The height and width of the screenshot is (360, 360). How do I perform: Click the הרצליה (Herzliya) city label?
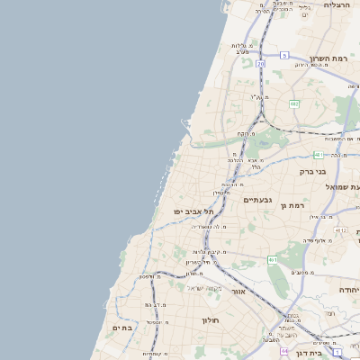point(337,5)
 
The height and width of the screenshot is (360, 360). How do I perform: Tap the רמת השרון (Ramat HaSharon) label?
point(328,58)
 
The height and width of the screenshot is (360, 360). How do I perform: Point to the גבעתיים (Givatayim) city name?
point(257,200)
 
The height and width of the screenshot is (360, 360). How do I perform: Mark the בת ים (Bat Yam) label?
point(121,328)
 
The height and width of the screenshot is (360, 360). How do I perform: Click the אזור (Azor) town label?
point(238,292)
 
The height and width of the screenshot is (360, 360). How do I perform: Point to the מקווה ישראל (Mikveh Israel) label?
point(203,288)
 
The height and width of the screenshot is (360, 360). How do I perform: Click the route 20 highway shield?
point(260,64)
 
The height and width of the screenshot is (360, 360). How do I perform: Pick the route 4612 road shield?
point(340,230)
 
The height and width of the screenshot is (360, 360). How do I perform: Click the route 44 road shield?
point(284,351)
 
